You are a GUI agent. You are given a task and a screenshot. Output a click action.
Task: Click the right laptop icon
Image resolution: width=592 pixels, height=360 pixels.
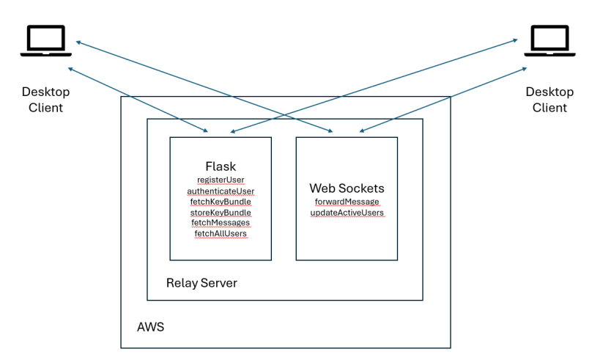pyautogui.click(x=549, y=41)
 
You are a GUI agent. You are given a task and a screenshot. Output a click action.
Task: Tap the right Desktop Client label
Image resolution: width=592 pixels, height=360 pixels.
pyautogui.click(x=547, y=100)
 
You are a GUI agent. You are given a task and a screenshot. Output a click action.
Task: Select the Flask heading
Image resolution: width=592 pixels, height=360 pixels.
pyautogui.click(x=221, y=166)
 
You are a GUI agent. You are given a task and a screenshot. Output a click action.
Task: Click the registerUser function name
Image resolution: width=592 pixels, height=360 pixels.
pyautogui.click(x=221, y=180)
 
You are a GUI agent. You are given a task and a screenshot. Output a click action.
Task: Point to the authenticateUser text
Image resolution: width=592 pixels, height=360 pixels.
pyautogui.click(x=221, y=191)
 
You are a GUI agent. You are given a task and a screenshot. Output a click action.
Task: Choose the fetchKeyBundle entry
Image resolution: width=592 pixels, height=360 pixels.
pyautogui.click(x=221, y=202)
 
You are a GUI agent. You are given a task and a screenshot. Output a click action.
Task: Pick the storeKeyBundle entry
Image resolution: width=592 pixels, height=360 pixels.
pyautogui.click(x=221, y=213)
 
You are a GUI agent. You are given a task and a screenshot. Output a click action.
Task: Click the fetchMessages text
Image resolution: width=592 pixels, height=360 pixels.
pyautogui.click(x=221, y=223)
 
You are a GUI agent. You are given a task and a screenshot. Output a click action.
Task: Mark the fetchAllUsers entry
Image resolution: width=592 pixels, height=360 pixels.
pyautogui.click(x=221, y=234)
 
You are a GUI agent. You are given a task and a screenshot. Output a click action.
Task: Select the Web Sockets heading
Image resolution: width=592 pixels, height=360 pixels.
pyautogui.click(x=347, y=188)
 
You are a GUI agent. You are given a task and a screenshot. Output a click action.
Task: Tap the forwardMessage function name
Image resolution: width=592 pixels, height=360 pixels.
pyautogui.click(x=347, y=202)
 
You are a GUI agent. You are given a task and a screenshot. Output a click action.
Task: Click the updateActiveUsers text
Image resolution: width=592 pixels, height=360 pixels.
pyautogui.click(x=347, y=213)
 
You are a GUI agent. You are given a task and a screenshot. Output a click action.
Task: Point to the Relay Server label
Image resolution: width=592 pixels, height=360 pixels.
pyautogui.click(x=201, y=283)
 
